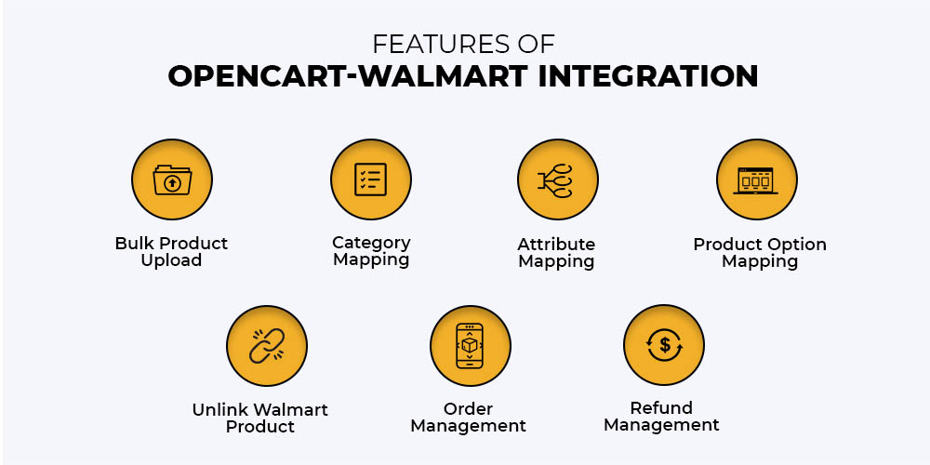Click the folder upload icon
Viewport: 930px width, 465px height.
(172, 179)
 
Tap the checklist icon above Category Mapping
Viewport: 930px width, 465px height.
(371, 179)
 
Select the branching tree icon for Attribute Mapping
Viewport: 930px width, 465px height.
(556, 180)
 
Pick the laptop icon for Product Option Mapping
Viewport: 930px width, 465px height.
(755, 180)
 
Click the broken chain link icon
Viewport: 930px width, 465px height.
(267, 345)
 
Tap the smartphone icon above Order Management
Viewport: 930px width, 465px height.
(470, 345)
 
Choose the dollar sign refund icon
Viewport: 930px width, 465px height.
(664, 345)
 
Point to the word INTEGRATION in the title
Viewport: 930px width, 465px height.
(647, 76)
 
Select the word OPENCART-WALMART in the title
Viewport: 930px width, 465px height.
(348, 76)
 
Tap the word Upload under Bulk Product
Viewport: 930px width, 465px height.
(171, 260)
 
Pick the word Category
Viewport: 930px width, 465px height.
(371, 243)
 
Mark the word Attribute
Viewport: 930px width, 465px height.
(556, 245)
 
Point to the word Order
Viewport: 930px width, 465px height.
(468, 408)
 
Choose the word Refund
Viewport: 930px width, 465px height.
(661, 408)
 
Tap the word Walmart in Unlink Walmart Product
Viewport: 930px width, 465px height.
(293, 409)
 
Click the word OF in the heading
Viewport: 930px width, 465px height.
(537, 45)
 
